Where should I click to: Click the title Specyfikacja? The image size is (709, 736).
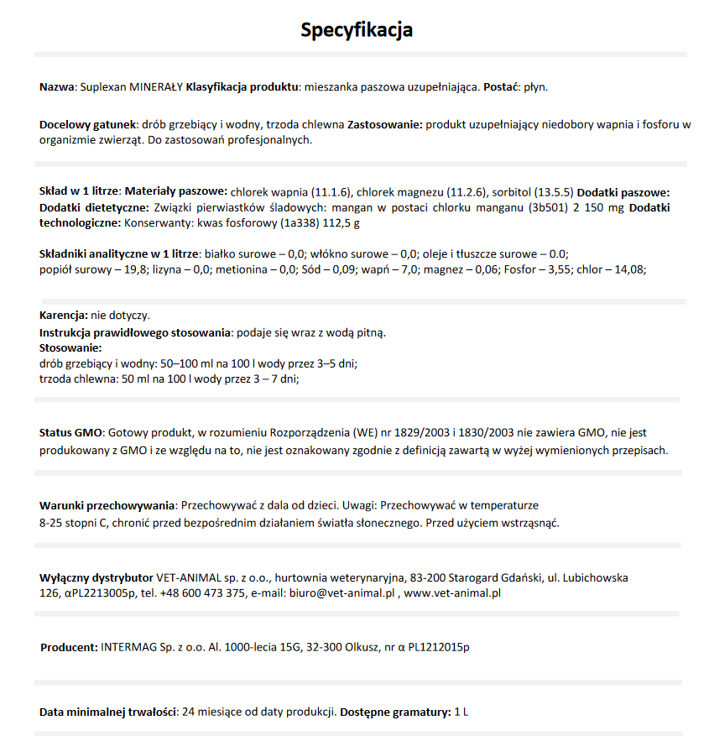point(357,31)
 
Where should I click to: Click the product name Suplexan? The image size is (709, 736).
point(102,86)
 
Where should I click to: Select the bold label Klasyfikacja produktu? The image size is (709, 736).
point(242,86)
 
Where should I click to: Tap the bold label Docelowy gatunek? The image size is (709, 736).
point(88,124)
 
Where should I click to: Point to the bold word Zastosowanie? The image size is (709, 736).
point(384,124)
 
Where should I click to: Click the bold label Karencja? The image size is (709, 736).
point(64,316)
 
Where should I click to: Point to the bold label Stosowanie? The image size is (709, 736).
point(70,347)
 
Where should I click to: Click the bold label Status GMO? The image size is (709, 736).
point(70,432)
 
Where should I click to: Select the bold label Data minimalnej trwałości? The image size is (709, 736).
point(107,712)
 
